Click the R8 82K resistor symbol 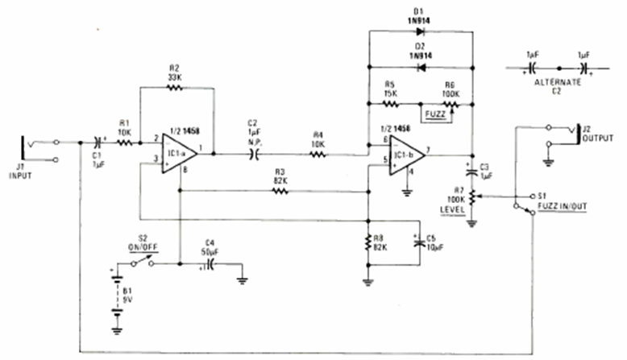(368, 242)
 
